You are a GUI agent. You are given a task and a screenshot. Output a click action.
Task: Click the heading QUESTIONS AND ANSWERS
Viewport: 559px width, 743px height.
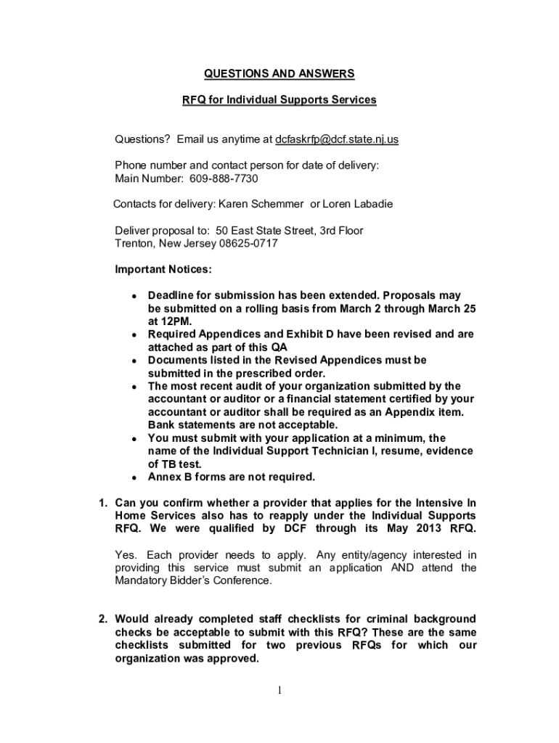(279, 73)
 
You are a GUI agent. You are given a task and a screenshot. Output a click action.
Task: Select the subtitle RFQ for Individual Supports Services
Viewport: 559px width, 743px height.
(279, 99)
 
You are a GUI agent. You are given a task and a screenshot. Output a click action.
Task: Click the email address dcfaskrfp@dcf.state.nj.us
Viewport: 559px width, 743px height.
(337, 139)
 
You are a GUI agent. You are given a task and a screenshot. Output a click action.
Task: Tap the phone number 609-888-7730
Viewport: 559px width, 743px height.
(224, 178)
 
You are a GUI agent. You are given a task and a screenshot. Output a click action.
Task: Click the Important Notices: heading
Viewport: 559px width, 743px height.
(163, 270)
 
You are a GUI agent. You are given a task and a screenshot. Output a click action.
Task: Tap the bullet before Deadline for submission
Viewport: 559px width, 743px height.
(134, 297)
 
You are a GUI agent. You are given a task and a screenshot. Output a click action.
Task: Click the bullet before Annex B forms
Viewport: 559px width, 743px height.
(134, 478)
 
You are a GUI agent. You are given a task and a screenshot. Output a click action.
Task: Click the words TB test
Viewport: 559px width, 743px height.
(185, 464)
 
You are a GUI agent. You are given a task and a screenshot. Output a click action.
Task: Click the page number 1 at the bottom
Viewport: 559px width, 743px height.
(279, 690)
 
